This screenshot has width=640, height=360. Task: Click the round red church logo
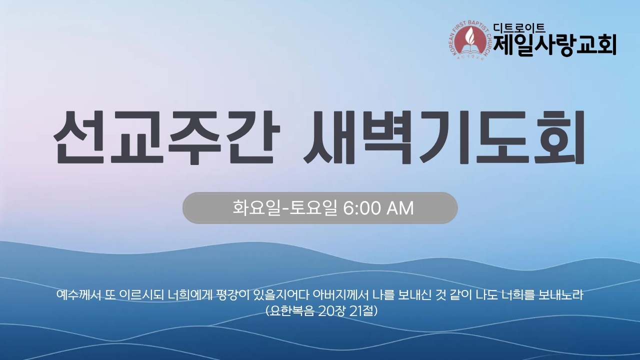(x=470, y=40)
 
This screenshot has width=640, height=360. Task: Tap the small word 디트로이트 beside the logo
(x=518, y=28)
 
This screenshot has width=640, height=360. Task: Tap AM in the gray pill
(x=400, y=208)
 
